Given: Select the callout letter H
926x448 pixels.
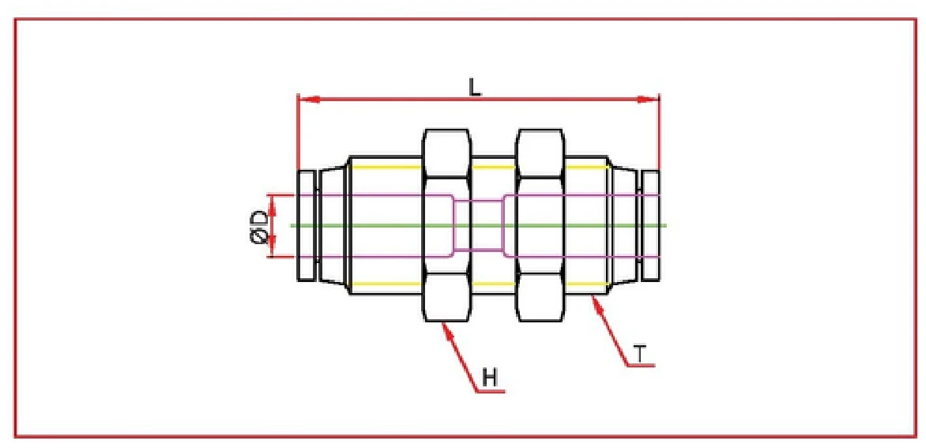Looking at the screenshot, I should point(491,378).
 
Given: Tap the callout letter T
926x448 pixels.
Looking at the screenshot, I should point(639,354).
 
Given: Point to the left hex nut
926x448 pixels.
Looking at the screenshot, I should point(447,225).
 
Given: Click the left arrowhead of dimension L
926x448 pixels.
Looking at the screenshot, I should point(305,100).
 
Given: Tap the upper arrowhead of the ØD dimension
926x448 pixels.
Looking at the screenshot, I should point(273,201).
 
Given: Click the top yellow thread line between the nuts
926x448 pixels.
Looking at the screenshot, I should point(493,168).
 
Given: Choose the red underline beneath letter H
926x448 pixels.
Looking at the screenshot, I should point(490,391).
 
